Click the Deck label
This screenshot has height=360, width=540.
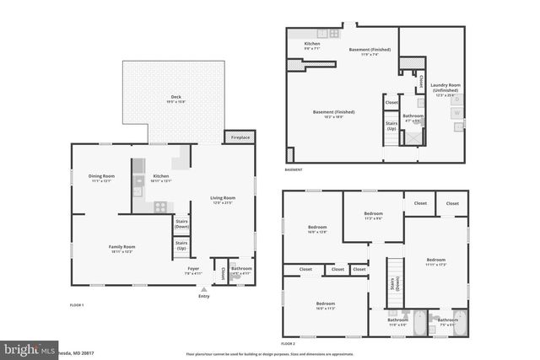coord(175,99)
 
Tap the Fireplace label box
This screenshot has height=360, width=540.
coord(239,137)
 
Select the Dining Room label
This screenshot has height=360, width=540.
coord(100,177)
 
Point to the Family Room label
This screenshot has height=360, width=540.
coord(121,248)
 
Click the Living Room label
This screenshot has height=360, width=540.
coord(223,199)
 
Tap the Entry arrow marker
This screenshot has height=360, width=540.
coord(203,288)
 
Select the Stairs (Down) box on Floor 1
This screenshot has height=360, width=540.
coord(181,224)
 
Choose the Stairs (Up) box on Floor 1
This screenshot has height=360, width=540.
coord(181,246)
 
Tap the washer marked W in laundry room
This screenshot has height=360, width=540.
coord(456,112)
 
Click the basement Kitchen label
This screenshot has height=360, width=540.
coord(312,45)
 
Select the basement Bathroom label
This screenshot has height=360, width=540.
coord(413,117)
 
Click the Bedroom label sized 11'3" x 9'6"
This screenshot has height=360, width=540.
coord(373,215)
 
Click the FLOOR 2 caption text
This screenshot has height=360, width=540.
coord(289,343)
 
